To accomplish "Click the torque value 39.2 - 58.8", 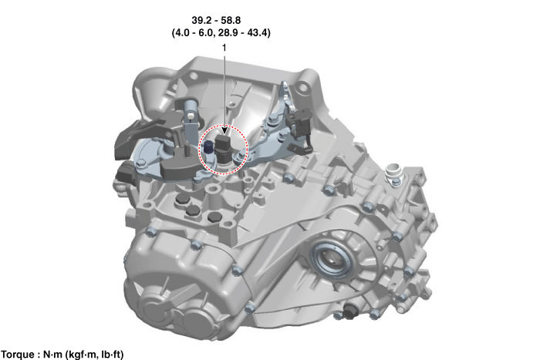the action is pyautogui.click(x=216, y=20).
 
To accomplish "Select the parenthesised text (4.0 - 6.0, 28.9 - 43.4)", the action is pyautogui.click(x=221, y=32).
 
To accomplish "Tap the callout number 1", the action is pyautogui.click(x=224, y=48).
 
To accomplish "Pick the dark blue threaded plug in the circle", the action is pyautogui.click(x=208, y=147).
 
